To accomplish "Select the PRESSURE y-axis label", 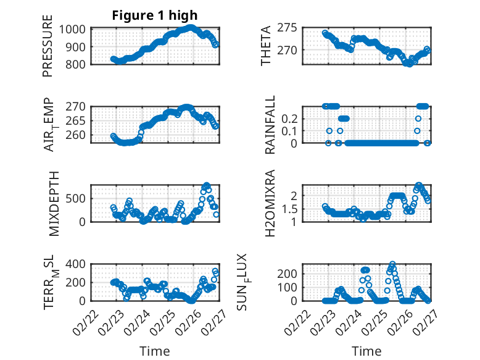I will click(x=48, y=46).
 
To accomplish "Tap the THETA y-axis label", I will click(x=266, y=46).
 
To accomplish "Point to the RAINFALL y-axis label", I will click(x=270, y=125).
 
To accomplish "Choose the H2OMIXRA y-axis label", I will click(x=270, y=203).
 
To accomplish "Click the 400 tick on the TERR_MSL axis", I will click(x=80, y=264).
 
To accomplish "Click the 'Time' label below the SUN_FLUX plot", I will click(x=366, y=351).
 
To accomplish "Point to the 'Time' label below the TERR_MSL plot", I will click(x=154, y=351).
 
